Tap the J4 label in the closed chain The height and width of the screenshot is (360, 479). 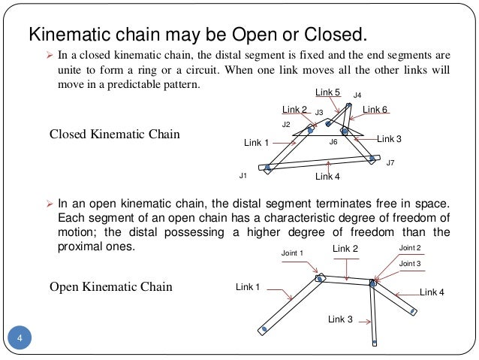(357, 95)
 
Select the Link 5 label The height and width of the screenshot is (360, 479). (328, 92)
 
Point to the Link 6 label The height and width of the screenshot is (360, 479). (375, 110)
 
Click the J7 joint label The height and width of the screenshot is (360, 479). (390, 162)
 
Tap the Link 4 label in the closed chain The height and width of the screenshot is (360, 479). (327, 177)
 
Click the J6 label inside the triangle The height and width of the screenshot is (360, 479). (333, 141)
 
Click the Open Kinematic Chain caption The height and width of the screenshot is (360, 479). (110, 287)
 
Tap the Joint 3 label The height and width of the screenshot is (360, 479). (410, 264)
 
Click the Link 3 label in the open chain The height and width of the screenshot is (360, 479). (340, 319)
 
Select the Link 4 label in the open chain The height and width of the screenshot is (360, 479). (432, 292)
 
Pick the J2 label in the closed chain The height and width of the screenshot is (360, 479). (285, 124)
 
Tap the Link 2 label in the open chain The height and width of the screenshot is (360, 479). (345, 249)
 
